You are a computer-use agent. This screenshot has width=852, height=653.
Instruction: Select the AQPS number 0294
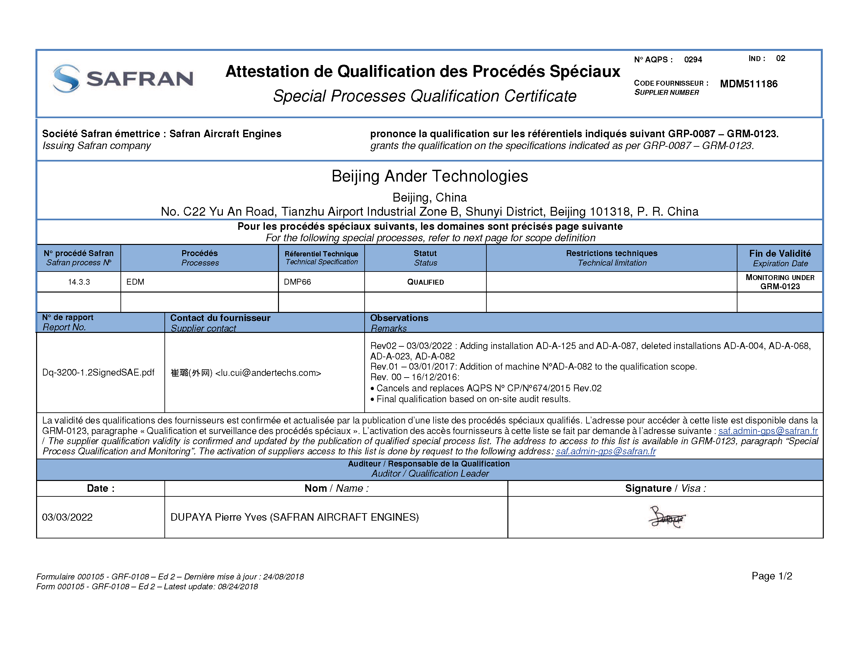click(693, 59)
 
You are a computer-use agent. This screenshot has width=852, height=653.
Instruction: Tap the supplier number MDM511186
click(748, 84)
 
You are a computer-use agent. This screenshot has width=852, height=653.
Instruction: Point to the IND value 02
click(780, 58)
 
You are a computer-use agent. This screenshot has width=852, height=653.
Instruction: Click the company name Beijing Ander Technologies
click(429, 176)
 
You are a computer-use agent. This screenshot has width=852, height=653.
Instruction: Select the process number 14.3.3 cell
click(79, 282)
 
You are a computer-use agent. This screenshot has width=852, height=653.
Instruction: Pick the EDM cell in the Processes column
click(135, 282)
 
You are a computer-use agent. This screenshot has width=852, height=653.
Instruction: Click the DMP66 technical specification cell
click(297, 282)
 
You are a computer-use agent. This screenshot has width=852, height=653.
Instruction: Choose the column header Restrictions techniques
click(611, 253)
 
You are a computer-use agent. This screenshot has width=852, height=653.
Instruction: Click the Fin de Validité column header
click(780, 253)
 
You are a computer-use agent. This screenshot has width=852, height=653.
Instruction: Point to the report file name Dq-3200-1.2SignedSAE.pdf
click(98, 372)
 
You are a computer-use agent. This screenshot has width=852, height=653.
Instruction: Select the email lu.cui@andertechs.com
click(268, 373)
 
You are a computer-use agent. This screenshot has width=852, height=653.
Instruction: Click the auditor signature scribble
click(667, 517)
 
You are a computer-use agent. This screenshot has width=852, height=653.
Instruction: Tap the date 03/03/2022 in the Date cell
click(67, 517)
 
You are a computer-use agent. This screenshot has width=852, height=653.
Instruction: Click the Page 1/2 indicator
click(772, 576)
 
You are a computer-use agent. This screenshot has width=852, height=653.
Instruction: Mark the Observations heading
click(399, 318)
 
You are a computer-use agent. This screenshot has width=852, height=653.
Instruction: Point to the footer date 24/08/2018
click(283, 577)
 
